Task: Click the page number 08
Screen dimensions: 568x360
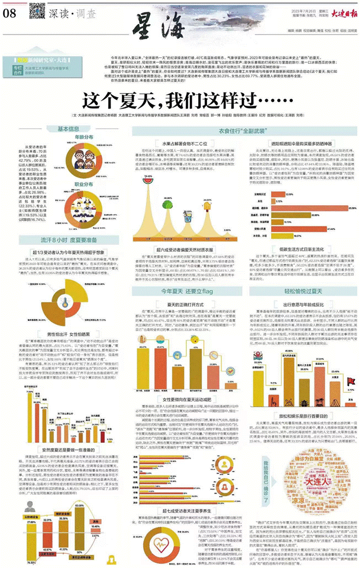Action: [11, 14]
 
